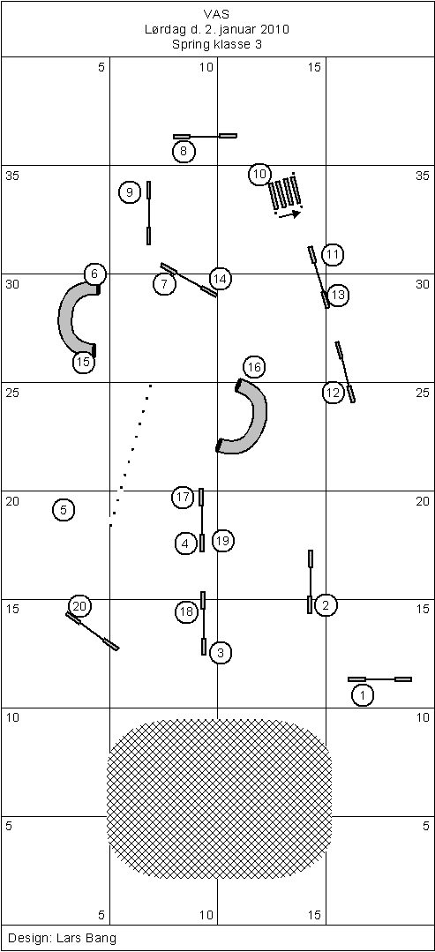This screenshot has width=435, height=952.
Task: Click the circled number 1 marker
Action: (x=363, y=694)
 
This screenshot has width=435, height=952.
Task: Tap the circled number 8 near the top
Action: (x=184, y=151)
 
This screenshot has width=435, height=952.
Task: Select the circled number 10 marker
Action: (x=259, y=174)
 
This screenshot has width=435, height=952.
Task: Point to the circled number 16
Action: (x=254, y=367)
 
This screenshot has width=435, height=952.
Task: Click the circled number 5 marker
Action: (x=64, y=510)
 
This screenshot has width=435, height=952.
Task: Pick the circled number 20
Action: (x=79, y=606)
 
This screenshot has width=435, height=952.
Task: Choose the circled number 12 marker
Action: (x=333, y=393)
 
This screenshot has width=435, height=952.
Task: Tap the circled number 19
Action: (x=223, y=540)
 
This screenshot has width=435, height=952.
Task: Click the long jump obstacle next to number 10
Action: (x=285, y=191)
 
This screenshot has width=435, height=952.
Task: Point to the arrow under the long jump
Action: (x=288, y=214)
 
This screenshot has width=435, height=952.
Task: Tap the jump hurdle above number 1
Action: (x=379, y=678)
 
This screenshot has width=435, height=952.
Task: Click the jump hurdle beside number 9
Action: (x=149, y=213)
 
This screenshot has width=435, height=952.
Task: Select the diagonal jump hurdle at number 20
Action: (x=93, y=632)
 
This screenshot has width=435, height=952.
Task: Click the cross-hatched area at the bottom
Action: (x=220, y=799)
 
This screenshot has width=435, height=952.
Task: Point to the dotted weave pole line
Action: (x=130, y=454)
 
